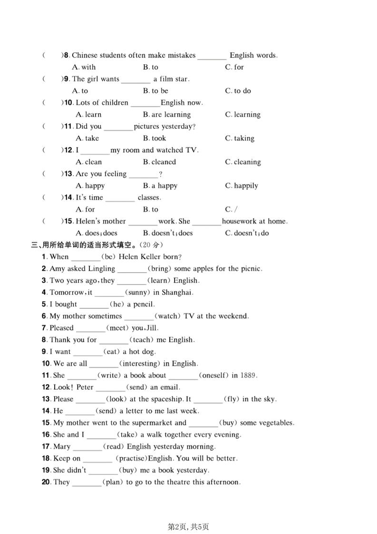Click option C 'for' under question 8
[x=234, y=67]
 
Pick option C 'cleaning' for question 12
[x=243, y=162]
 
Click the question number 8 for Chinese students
[x=67, y=55]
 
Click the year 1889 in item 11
[x=248, y=376]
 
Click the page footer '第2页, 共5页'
[x=189, y=526]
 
